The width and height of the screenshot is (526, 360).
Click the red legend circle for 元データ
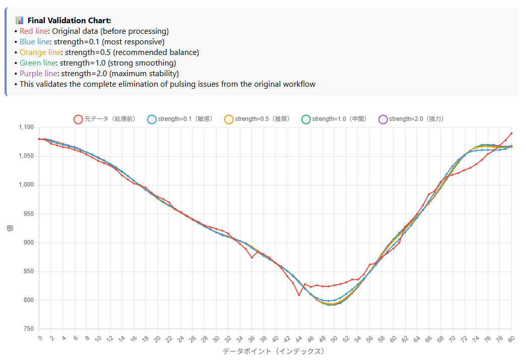pyautogui.click(x=78, y=119)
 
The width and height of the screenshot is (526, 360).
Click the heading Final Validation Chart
pyautogui.click(x=69, y=20)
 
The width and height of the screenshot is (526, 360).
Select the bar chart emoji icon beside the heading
pyautogui.click(x=20, y=20)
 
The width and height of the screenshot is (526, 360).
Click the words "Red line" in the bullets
pyautogui.click(x=33, y=31)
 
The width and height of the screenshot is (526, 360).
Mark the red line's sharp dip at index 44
pyautogui.click(x=299, y=295)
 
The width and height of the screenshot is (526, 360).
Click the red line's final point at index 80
pyautogui.click(x=511, y=133)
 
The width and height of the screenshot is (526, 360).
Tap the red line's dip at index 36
pyautogui.click(x=251, y=258)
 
